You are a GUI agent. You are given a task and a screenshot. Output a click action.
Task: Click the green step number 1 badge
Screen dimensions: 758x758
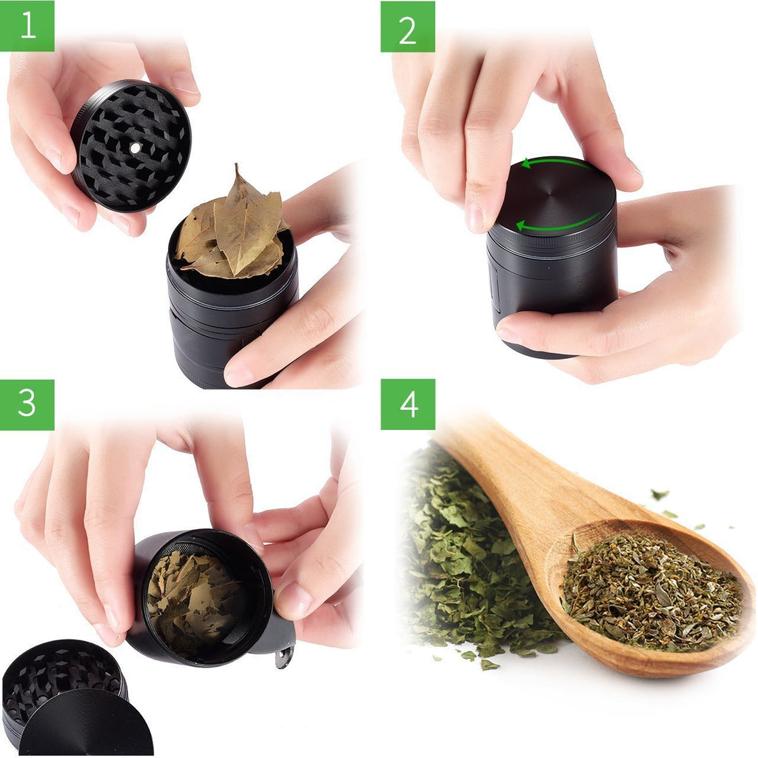coord(27,26)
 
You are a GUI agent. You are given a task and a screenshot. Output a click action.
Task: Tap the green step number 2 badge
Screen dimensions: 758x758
coord(408,26)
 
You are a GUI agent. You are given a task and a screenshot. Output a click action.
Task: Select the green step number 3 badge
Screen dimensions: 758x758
coord(27,405)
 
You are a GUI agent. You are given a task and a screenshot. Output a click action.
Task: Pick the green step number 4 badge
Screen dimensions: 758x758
coord(408,405)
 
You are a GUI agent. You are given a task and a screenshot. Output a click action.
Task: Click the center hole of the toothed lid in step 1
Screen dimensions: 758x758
coord(135,148)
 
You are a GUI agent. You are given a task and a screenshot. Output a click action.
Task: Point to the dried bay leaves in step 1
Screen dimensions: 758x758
coord(232,227)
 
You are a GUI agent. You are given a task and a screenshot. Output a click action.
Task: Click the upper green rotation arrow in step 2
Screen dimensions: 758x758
coord(556,163)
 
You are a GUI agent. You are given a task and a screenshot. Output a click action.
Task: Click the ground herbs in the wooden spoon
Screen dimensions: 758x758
coord(653,592)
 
